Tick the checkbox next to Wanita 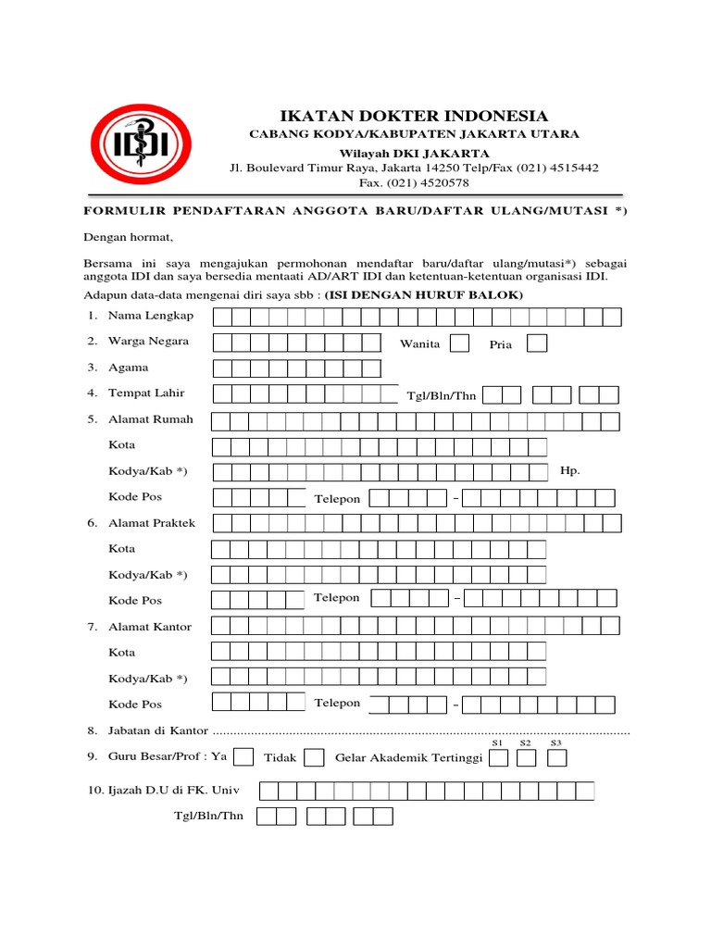point(459,343)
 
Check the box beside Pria point(536,343)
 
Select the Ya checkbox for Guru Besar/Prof point(244,757)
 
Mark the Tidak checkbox point(314,758)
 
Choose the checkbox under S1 point(498,759)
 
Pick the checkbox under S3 point(556,759)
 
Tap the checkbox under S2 point(527,759)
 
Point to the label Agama point(129,368)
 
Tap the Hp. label point(570,470)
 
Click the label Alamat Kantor point(150,627)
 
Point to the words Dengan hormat point(129,238)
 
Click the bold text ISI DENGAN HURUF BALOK point(424,294)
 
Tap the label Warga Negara point(148,342)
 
